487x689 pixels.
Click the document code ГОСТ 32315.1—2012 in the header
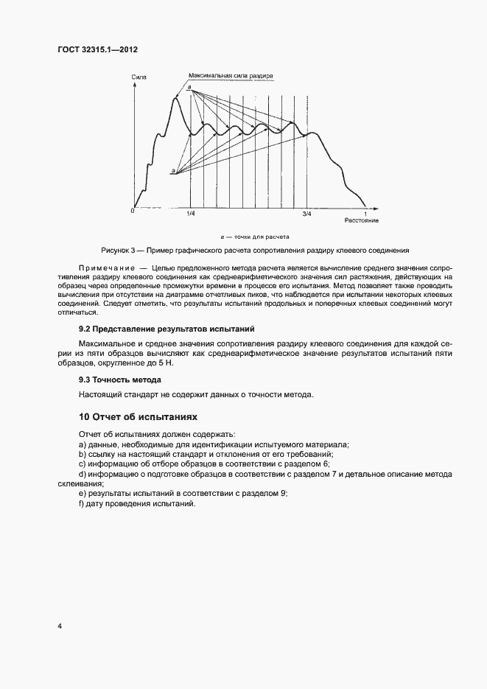(97, 49)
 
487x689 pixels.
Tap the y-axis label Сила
(138, 76)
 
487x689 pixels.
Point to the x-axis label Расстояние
(361, 220)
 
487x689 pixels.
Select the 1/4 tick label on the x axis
(191, 214)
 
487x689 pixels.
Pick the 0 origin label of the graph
(132, 210)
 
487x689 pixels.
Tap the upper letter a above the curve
(189, 88)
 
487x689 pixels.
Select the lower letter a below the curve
(172, 171)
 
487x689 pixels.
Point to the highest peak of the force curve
(175, 98)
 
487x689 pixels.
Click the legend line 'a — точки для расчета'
(254, 237)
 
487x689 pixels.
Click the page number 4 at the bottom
(59, 626)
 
